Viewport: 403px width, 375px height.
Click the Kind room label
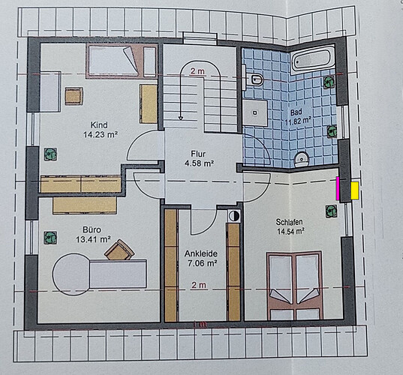[99, 125]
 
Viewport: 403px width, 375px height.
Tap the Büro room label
[92, 229]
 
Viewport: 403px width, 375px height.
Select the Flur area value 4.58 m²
[199, 163]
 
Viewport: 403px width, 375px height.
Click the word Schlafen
[289, 222]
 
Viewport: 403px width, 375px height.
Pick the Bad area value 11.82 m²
[298, 121]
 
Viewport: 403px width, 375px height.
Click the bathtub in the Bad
[312, 59]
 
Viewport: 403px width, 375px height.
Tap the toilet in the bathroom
[256, 79]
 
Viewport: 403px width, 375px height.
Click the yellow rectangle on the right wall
[355, 190]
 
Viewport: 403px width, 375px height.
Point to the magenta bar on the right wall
[338, 188]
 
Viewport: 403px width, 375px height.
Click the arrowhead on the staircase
[181, 118]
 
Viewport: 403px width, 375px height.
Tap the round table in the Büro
[71, 274]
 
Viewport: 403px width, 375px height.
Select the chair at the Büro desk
[119, 250]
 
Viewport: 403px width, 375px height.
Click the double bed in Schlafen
[294, 286]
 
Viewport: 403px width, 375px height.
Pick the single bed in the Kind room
[113, 61]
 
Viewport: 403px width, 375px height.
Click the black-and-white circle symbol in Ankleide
[234, 216]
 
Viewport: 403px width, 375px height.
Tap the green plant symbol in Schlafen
[331, 211]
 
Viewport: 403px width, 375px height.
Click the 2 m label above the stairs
[197, 71]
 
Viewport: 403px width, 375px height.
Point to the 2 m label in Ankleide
[199, 285]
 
